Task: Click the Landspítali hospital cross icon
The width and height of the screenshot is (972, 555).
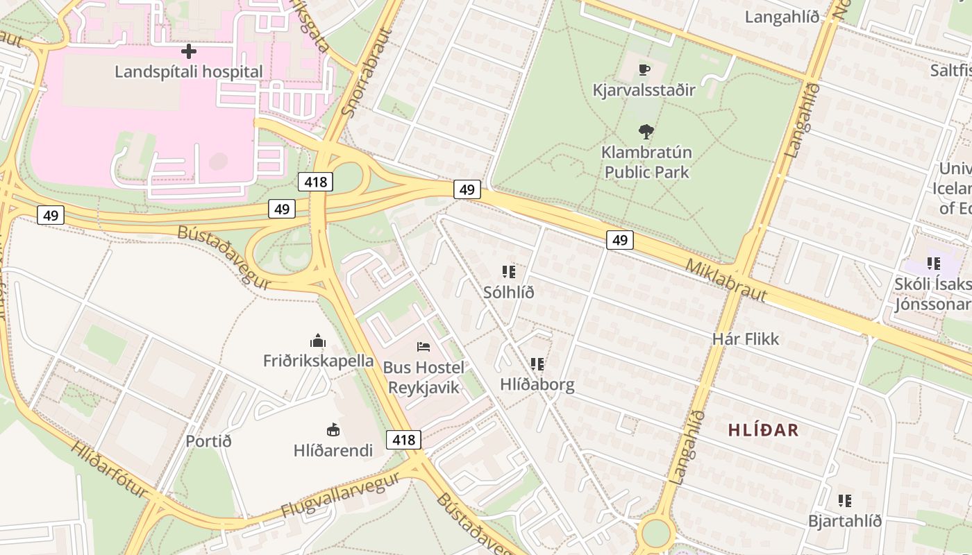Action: [188, 51]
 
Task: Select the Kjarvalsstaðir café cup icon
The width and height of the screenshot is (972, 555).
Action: [644, 69]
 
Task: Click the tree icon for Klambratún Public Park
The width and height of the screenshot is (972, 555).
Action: [646, 131]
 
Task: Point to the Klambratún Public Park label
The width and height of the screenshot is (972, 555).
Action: [646, 162]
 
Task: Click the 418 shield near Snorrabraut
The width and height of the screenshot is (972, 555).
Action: [315, 182]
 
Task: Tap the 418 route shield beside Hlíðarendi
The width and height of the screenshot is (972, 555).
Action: [403, 439]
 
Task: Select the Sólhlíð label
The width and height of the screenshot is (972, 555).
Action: [509, 292]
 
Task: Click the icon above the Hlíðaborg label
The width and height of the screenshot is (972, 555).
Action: [537, 364]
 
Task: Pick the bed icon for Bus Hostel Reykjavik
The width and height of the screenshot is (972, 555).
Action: [424, 346]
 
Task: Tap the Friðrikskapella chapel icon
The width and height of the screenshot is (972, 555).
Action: [318, 341]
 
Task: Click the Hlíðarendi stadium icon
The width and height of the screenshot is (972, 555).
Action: [333, 430]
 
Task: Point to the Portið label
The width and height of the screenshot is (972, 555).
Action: [208, 441]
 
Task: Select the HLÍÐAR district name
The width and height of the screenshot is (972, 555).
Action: [763, 430]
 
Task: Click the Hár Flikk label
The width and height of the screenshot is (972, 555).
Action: [746, 339]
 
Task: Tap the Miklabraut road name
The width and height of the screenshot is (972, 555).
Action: [726, 280]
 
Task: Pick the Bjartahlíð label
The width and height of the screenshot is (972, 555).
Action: [844, 520]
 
